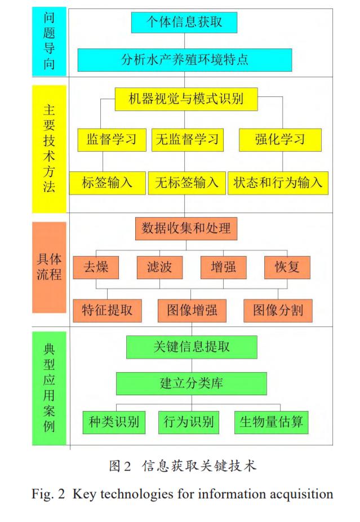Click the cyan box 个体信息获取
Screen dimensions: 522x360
(x=184, y=22)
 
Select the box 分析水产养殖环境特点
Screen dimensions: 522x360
(x=184, y=59)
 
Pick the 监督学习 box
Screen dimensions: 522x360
(x=112, y=139)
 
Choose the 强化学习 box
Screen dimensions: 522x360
(x=280, y=139)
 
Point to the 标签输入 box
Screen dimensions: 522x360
(x=107, y=183)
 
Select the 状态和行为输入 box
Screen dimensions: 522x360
(x=278, y=183)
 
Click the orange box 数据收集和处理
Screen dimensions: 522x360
(x=186, y=228)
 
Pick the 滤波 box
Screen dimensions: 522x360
(x=159, y=267)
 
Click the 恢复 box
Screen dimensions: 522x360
(x=287, y=267)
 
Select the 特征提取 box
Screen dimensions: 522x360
(x=107, y=310)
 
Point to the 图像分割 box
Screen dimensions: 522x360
(x=278, y=310)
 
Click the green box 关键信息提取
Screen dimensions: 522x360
(x=192, y=347)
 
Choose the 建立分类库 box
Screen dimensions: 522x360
(x=192, y=383)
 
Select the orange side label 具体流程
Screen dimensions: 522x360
(x=49, y=267)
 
